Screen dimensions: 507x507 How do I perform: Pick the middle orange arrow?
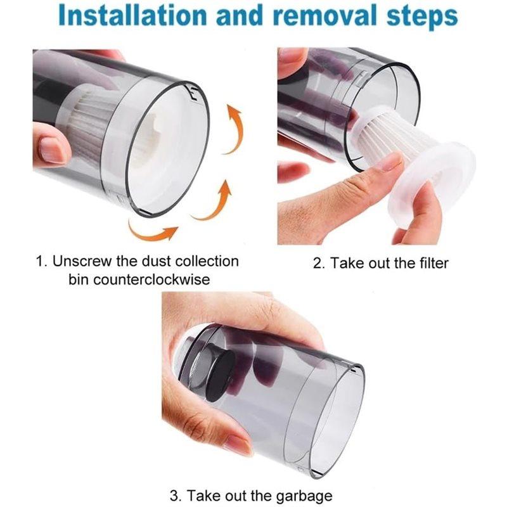(213, 200)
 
